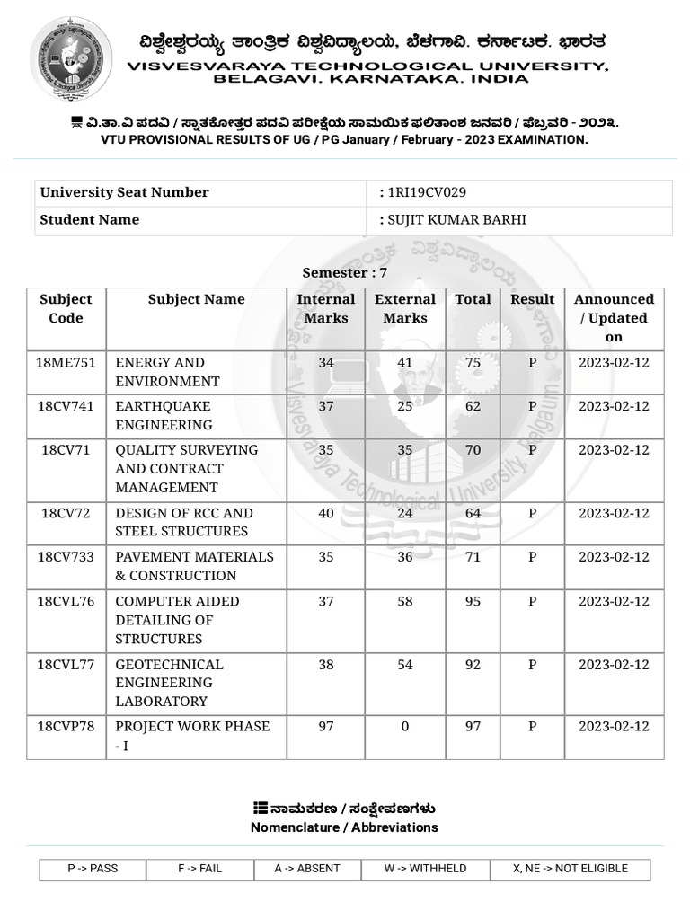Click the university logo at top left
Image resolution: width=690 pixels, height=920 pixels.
click(71, 59)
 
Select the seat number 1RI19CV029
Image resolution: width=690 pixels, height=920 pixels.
click(426, 192)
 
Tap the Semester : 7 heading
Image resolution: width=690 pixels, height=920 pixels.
click(345, 272)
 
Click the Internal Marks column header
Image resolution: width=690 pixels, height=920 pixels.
click(325, 308)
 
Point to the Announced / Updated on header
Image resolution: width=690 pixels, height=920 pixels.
click(614, 318)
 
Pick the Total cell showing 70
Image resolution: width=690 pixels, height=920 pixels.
click(473, 450)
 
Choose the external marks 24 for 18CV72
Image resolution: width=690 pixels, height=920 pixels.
click(405, 514)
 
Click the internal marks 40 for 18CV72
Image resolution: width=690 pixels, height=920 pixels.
click(325, 514)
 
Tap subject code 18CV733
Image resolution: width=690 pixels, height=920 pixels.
click(66, 557)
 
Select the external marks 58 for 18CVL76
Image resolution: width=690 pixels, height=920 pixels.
click(405, 601)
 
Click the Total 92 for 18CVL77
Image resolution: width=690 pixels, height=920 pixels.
click(473, 665)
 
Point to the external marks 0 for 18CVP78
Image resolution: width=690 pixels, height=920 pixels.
click(405, 726)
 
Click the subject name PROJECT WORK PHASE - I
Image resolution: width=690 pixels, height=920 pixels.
click(192, 735)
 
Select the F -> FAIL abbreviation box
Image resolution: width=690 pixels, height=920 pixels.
click(199, 869)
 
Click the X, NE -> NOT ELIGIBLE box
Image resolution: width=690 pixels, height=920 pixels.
click(570, 869)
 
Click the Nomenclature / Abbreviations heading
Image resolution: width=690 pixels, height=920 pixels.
click(344, 827)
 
